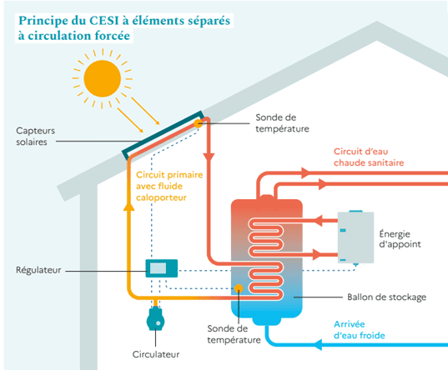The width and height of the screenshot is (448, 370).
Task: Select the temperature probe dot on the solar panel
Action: tap(199, 122)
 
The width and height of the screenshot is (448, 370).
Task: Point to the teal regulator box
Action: tap(161, 268)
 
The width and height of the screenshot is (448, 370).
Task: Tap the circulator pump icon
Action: tap(156, 320)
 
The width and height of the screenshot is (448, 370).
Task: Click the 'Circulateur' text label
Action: tap(156, 354)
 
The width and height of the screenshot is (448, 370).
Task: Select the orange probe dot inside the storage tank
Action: tap(239, 288)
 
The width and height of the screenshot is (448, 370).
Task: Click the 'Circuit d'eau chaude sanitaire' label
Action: tap(369, 157)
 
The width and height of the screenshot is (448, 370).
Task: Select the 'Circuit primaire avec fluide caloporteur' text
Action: tap(166, 187)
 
